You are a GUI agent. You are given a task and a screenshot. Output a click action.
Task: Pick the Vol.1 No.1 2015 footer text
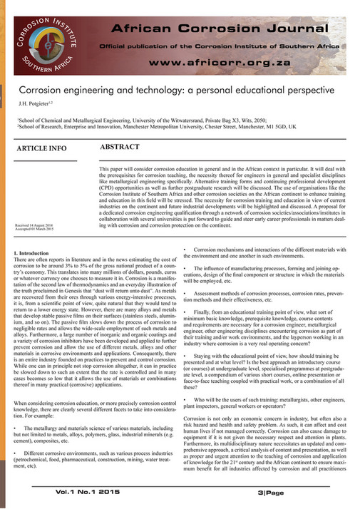[90, 492]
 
